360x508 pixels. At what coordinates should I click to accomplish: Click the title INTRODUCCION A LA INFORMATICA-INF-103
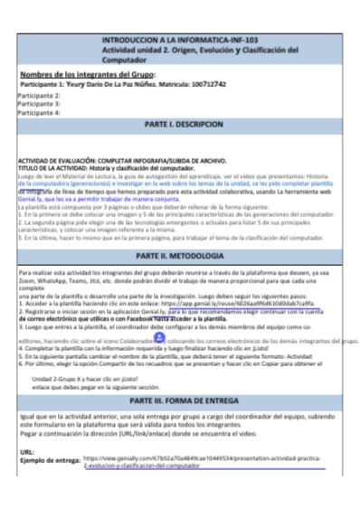179,42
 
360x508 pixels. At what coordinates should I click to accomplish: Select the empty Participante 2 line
40,95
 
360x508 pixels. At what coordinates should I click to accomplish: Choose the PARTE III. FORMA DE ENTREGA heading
179,399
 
